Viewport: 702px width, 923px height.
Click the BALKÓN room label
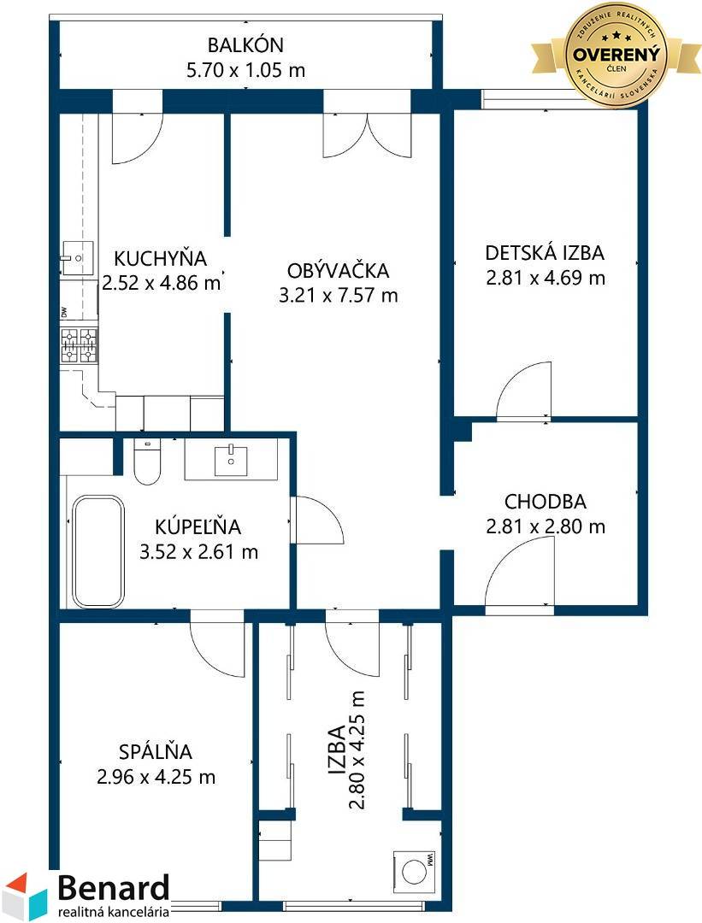[245, 44]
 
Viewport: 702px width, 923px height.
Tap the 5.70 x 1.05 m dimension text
[245, 71]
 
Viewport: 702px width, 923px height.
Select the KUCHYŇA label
[160, 258]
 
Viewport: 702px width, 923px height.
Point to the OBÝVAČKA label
[338, 270]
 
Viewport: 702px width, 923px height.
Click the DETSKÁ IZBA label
[545, 252]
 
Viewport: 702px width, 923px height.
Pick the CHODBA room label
[546, 502]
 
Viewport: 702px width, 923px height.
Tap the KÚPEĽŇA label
[198, 526]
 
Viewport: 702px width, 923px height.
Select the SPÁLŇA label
[156, 751]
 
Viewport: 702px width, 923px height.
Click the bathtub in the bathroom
[97, 551]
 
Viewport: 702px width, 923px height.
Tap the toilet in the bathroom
[147, 462]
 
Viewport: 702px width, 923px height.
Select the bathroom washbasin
[231, 460]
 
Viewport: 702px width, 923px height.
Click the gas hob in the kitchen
[80, 345]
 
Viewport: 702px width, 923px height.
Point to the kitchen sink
[78, 258]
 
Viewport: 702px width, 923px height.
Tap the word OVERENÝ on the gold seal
[616, 55]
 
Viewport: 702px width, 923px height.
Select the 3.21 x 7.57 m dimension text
[338, 295]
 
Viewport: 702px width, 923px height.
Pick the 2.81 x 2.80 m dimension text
[546, 526]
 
